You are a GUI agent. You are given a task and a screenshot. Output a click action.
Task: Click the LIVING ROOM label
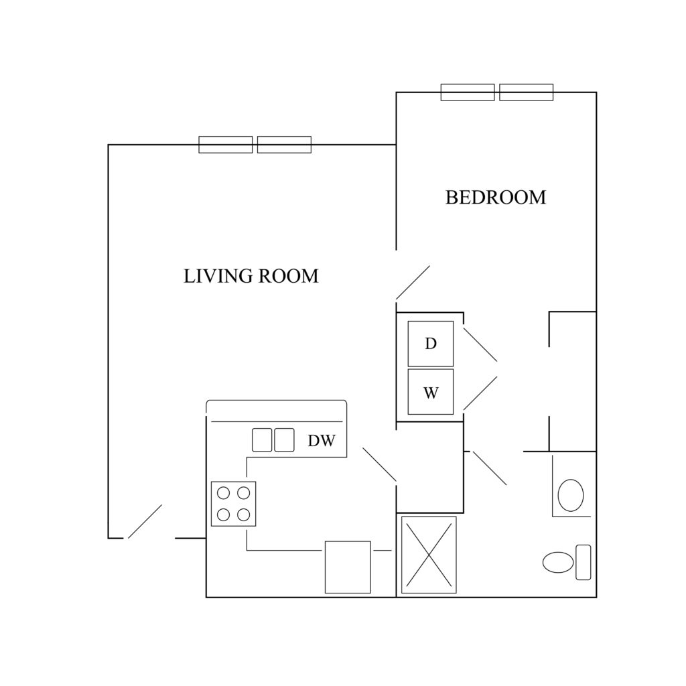[x=251, y=276]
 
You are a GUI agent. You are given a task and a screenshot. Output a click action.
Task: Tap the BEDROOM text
[x=496, y=198]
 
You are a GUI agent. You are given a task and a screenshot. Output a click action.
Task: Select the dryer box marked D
[x=431, y=344]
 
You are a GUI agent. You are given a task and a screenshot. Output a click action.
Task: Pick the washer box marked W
[x=431, y=392]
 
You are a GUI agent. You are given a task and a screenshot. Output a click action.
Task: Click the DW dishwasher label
[x=322, y=441]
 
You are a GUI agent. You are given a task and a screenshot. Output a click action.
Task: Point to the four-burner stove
[x=234, y=504]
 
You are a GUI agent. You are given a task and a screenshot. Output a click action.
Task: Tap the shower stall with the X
[x=429, y=555]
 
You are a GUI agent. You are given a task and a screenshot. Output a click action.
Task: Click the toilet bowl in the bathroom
[x=558, y=562]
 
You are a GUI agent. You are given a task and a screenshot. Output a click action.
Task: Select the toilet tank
[x=584, y=562]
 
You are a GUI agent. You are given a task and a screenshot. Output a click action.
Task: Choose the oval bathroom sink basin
[x=571, y=495]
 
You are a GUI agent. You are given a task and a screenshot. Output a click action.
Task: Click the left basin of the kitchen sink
[x=262, y=440]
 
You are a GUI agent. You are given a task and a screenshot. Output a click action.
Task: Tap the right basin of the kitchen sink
[x=284, y=440]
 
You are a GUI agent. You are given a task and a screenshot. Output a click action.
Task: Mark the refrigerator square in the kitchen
[x=348, y=567]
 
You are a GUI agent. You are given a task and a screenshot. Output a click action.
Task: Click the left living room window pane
[x=226, y=145]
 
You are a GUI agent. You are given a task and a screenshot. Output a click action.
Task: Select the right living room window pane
[x=284, y=145]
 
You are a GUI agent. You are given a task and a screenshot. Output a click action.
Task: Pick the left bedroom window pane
[x=468, y=92]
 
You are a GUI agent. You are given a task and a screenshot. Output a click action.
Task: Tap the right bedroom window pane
[x=527, y=92]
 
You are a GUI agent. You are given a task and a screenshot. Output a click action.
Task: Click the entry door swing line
[x=145, y=521]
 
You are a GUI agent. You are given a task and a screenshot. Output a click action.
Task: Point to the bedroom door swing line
[x=413, y=282]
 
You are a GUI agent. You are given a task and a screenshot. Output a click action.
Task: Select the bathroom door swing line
[x=490, y=468]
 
